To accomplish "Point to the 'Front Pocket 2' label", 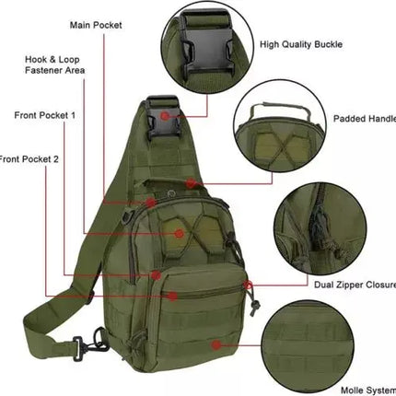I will [29, 158].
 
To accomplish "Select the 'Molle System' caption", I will [365, 390].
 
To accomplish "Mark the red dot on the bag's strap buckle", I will [164, 116].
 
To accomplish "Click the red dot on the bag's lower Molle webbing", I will [216, 346].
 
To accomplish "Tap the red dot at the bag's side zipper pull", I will [246, 286].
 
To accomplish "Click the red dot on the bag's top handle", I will [190, 182].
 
